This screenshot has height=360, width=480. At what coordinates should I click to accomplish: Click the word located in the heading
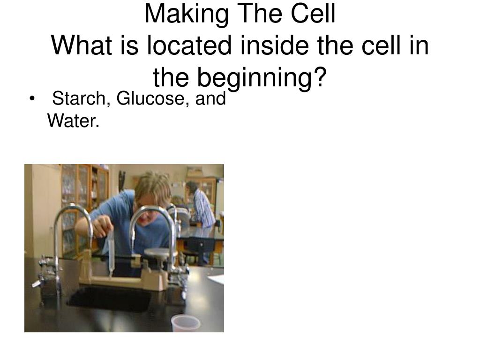point(189,45)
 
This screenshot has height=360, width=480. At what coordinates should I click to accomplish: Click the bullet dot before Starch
point(32,99)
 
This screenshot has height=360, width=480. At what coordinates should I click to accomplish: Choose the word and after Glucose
point(210,98)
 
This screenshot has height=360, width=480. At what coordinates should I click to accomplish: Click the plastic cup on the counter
point(185,323)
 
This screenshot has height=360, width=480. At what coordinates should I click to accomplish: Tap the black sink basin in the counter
point(110,299)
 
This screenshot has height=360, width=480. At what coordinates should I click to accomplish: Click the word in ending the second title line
point(418,45)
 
